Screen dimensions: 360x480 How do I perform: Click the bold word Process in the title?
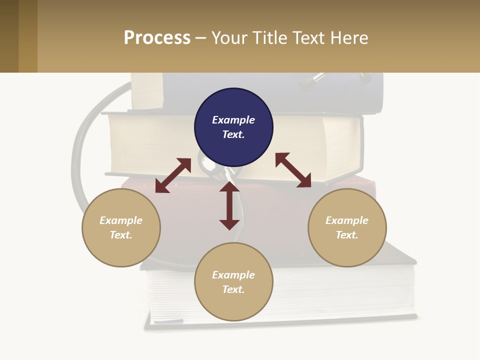[x=157, y=38]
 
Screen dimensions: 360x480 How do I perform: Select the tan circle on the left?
[x=121, y=250]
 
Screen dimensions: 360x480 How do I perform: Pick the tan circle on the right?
[x=347, y=250]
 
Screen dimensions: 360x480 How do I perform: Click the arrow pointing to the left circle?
[x=173, y=175]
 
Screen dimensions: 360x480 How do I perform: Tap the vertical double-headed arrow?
[x=229, y=206]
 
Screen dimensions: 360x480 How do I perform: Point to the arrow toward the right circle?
[x=293, y=170]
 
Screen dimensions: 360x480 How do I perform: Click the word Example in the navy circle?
[x=233, y=120]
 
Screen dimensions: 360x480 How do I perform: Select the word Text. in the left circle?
[x=121, y=235]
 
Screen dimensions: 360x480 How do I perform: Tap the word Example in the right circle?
[x=347, y=220]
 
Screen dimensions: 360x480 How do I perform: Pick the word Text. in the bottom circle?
[x=233, y=289]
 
